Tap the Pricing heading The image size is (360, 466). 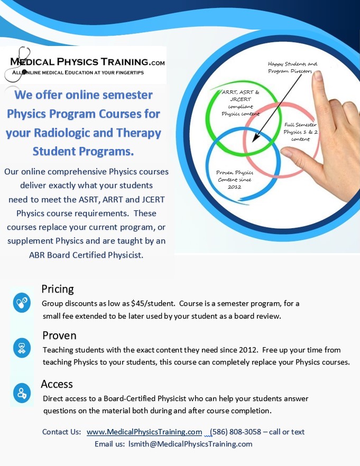[x=58, y=289]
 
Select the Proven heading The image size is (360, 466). [x=59, y=335]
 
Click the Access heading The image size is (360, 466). [x=57, y=384]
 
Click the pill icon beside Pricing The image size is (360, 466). [x=22, y=303]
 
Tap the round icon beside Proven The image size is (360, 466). [x=22, y=348]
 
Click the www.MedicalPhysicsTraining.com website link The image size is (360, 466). [x=144, y=432]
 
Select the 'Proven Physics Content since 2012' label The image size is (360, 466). [x=235, y=180]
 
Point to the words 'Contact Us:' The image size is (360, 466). [x=61, y=432]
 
